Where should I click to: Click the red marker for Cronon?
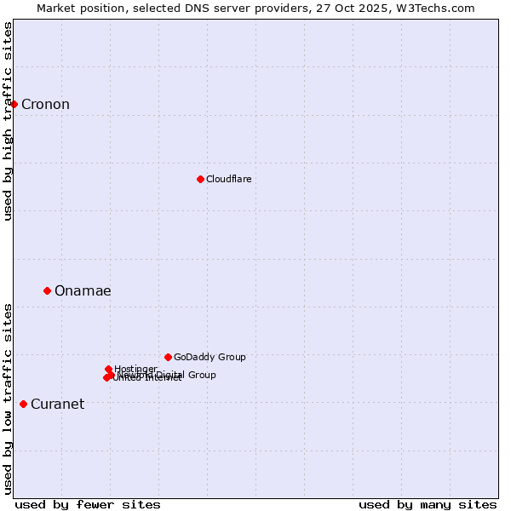coord(14,104)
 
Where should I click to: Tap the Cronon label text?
coord(45,105)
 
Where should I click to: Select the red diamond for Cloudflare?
coord(200,179)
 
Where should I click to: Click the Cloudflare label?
coord(228,179)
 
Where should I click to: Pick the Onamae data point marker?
coord(47,290)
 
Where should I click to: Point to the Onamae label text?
coord(83,291)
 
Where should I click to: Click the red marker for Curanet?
coord(23,404)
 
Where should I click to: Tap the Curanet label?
coord(57,405)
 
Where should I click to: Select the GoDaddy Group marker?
coord(168,357)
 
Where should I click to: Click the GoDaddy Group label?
coord(210,358)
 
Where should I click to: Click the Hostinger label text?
coord(135,369)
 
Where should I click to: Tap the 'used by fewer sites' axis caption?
coord(88,504)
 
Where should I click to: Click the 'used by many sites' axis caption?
coord(427,504)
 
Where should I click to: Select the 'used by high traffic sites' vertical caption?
coord(8,121)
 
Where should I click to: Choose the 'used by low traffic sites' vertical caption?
coord(8,398)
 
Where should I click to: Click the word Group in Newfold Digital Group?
coord(201,375)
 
